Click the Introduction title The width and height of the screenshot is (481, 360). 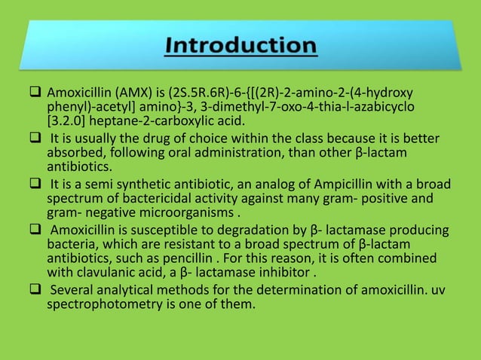tap(240, 46)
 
